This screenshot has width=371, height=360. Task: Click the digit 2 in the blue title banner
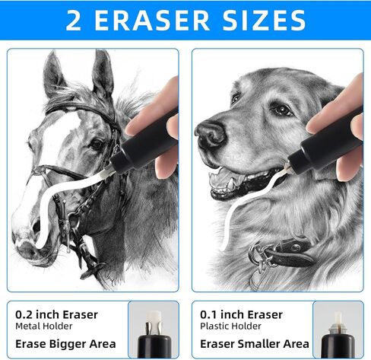pyautogui.click(x=74, y=21)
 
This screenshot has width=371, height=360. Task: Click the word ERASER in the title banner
pyautogui.click(x=152, y=21)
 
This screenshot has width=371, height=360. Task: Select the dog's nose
pyautogui.click(x=211, y=133)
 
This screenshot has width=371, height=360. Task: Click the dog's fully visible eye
pyautogui.click(x=282, y=110)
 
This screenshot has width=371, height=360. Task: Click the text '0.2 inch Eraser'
pyautogui.click(x=56, y=314)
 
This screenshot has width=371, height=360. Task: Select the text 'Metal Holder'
pyautogui.click(x=44, y=326)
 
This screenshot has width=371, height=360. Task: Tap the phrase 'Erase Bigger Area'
pyautogui.click(x=65, y=344)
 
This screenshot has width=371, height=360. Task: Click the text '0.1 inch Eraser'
pyautogui.click(x=241, y=314)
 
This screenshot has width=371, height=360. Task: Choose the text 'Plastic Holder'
pyautogui.click(x=230, y=326)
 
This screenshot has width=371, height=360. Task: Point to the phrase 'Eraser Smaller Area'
pyautogui.click(x=255, y=344)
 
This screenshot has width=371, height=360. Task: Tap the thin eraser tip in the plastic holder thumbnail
pyautogui.click(x=338, y=319)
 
